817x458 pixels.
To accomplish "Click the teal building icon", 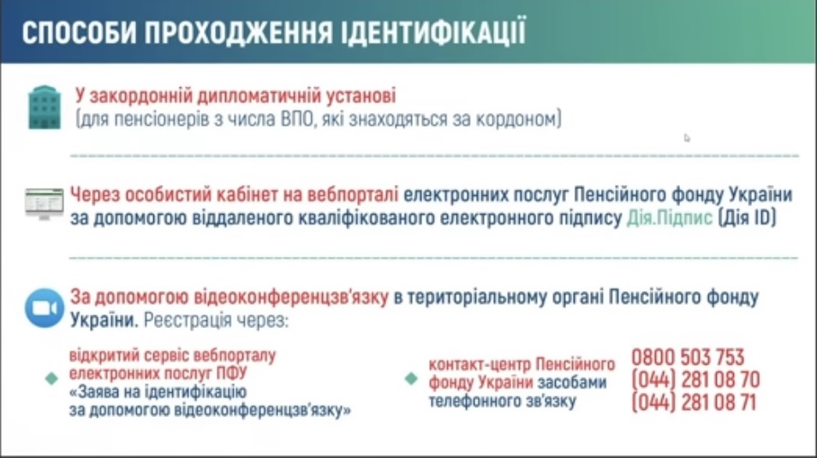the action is tap(45, 107).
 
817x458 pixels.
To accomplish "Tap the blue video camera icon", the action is tap(45, 308).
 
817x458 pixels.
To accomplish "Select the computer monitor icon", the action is tap(45, 204).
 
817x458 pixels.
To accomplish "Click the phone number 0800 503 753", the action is tap(688, 358).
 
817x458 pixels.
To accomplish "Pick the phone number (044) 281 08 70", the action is tap(695, 380).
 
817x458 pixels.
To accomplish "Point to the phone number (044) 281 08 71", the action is tap(694, 402).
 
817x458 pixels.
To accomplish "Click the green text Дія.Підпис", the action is tap(670, 217).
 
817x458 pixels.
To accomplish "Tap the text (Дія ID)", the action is tap(747, 217).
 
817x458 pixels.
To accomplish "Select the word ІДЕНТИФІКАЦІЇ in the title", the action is tap(433, 32).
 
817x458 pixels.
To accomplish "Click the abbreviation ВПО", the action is tap(298, 119).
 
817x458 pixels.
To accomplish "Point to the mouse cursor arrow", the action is tap(687, 138).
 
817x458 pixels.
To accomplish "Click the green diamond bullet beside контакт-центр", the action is tap(411, 378).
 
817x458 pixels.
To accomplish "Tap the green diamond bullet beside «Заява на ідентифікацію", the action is tap(51, 378).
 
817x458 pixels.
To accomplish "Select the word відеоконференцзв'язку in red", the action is tap(291, 297).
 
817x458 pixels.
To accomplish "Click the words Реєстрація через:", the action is tap(216, 320).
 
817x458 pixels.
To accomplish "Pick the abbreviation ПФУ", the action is tap(232, 373).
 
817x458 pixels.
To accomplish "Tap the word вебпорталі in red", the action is tap(353, 194).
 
